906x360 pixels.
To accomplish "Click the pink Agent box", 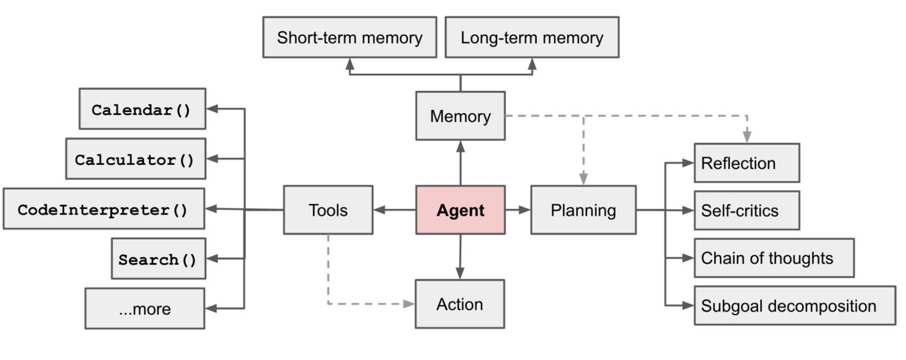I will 460,210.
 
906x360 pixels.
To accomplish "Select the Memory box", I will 460,117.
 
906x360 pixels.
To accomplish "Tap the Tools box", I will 328,210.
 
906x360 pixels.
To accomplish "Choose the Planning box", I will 583,210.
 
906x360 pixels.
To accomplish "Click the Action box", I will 460,304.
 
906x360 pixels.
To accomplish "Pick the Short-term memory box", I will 350,38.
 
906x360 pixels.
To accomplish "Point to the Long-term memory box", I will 532,38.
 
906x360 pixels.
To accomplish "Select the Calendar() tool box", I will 141,109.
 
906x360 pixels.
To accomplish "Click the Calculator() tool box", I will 135,159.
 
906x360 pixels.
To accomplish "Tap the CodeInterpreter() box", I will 103,209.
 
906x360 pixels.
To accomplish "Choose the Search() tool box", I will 158,259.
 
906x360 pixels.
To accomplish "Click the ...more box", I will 145,308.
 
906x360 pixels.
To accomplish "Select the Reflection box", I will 746,163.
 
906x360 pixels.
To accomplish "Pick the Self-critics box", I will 746,211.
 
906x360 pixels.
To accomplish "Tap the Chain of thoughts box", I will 774,258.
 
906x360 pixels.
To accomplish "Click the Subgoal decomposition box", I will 794,306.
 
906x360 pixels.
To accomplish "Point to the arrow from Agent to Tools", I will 395,210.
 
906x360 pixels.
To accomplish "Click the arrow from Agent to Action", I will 460,257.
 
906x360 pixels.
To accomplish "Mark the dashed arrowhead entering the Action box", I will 409,304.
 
